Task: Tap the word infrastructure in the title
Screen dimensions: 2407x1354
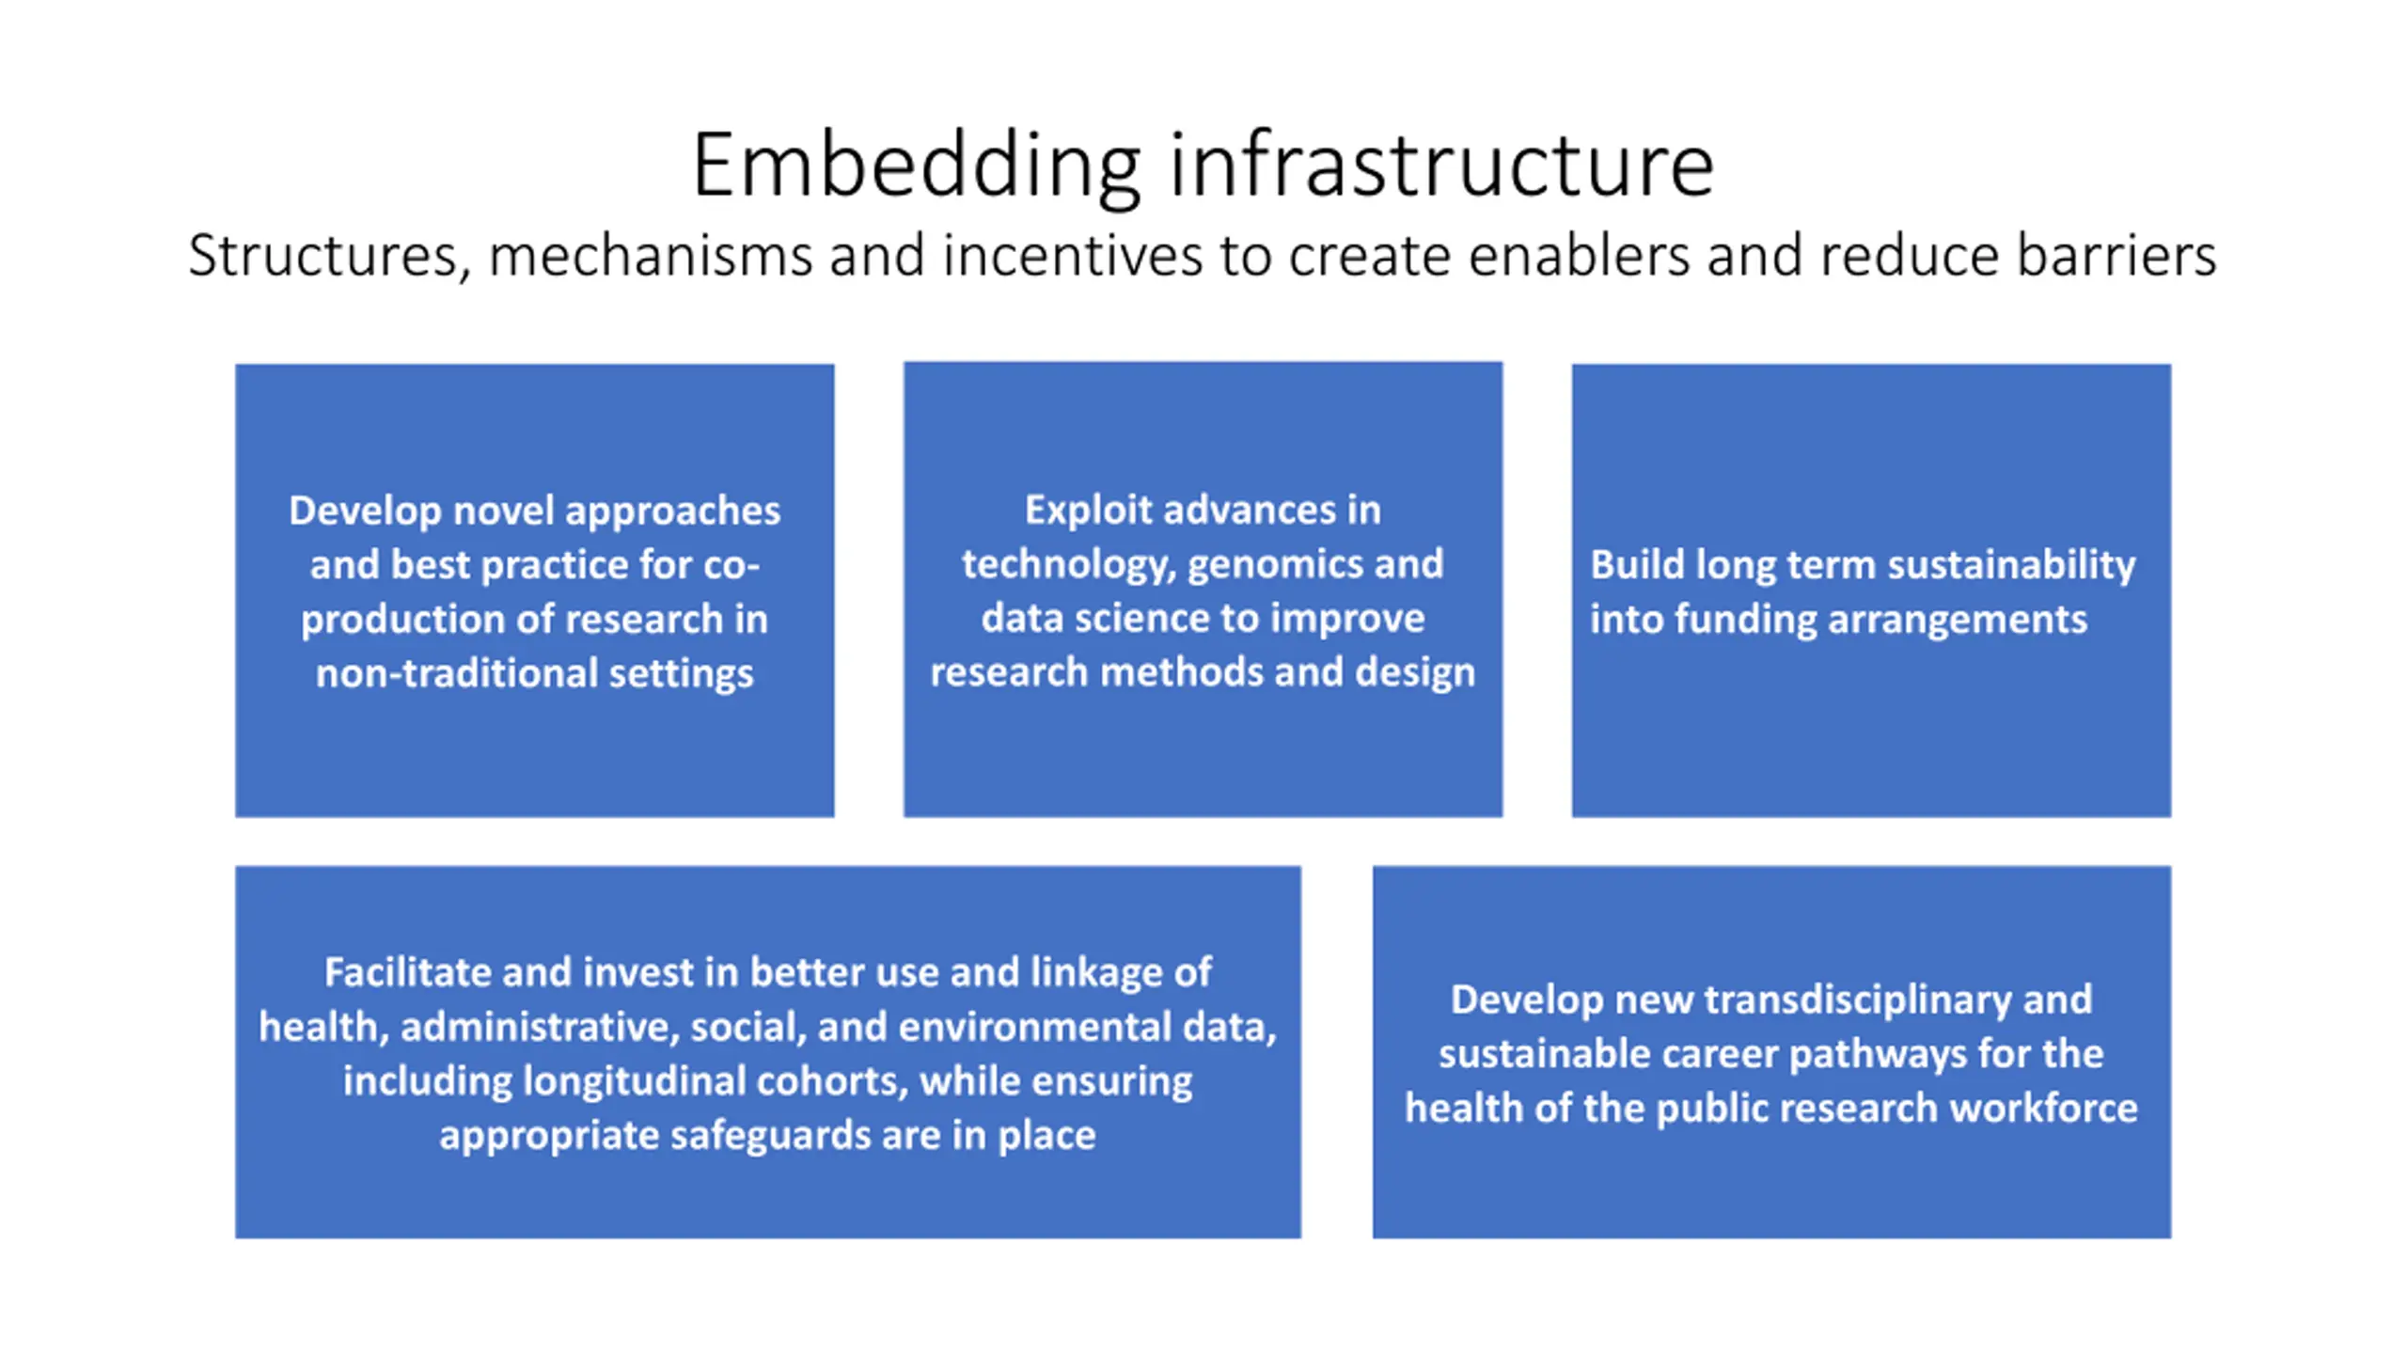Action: coord(1441,166)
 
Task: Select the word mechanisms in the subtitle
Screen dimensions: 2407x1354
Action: coord(650,256)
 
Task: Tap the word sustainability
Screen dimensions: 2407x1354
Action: coord(2011,564)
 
